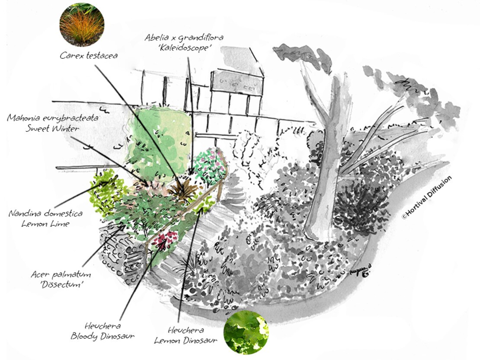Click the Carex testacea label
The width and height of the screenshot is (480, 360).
pyautogui.click(x=89, y=55)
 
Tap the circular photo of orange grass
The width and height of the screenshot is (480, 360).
pyautogui.click(x=82, y=25)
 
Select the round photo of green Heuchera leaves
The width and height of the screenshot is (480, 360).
pyautogui.click(x=246, y=332)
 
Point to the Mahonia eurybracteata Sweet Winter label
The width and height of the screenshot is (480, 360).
pyautogui.click(x=53, y=123)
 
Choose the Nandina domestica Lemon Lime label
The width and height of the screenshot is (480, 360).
pyautogui.click(x=45, y=218)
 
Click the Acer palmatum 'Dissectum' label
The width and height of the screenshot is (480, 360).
pyautogui.click(x=61, y=279)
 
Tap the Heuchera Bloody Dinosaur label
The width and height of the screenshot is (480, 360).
pyautogui.click(x=102, y=331)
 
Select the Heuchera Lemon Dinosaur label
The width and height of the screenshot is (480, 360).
pyautogui.click(x=186, y=335)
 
